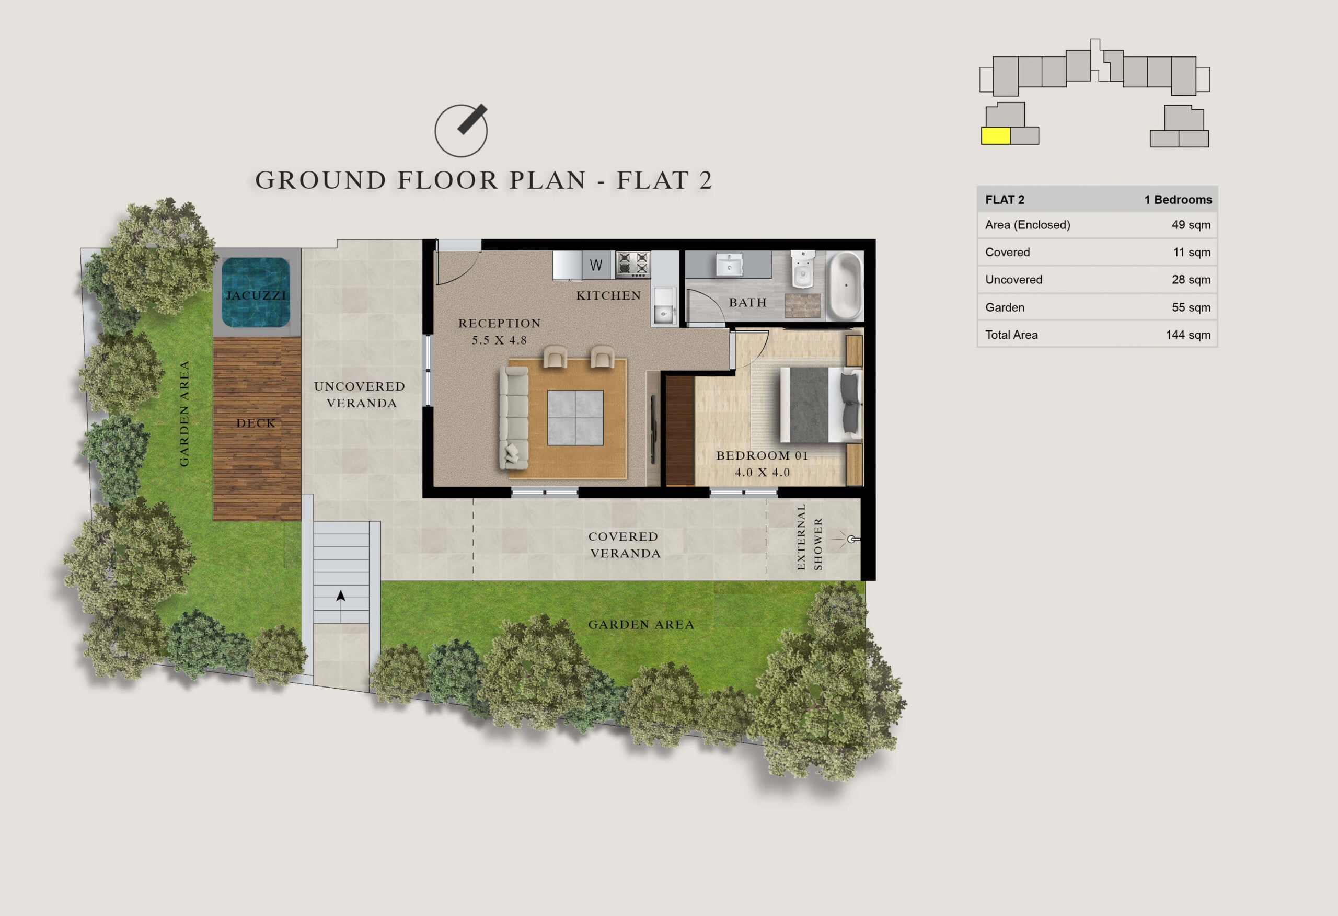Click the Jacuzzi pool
[256, 292]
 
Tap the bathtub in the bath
[845, 285]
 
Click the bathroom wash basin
[729, 265]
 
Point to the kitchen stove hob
[633, 264]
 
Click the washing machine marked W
[596, 265]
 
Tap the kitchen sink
[664, 306]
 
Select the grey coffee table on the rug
[575, 418]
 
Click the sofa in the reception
[514, 418]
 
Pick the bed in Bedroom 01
[821, 405]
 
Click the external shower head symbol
[853, 539]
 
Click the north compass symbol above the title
[461, 130]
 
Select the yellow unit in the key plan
[996, 136]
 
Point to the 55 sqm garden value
[1191, 307]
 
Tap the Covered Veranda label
[624, 544]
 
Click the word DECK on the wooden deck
[256, 423]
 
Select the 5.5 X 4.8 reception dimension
[499, 340]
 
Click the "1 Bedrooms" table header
[1178, 199]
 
